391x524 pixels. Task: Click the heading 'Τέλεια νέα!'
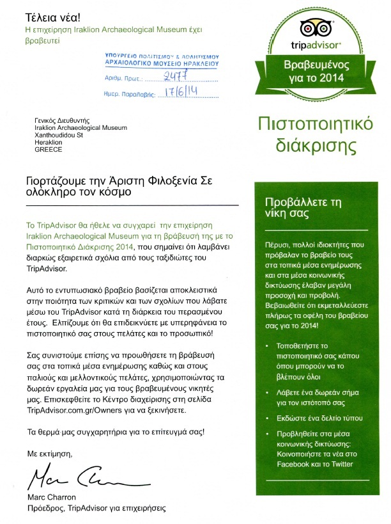point(49,15)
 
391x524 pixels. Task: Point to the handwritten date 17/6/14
point(180,92)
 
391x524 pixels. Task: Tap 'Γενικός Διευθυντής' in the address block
point(63,120)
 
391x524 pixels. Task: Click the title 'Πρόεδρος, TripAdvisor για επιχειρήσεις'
point(96,509)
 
